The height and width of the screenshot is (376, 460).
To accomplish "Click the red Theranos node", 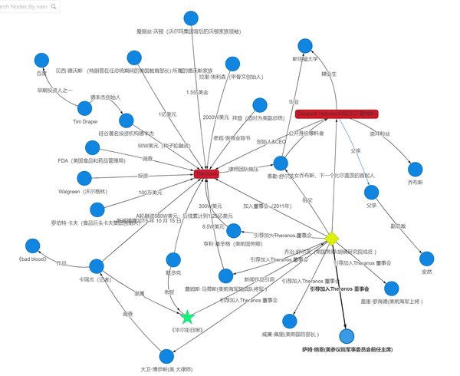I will (x=206, y=175).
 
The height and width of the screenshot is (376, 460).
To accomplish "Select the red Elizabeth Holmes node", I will (x=337, y=114).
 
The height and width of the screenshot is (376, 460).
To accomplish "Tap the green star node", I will (x=187, y=316).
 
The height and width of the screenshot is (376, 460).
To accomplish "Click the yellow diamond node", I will (x=332, y=238).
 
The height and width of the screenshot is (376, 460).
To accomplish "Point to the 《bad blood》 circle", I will (x=32, y=246).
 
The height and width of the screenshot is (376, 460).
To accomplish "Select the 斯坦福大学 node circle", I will (x=304, y=43).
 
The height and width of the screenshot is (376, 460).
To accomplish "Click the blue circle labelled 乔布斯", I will (x=416, y=170).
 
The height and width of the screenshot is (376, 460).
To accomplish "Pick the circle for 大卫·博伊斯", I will (x=167, y=355).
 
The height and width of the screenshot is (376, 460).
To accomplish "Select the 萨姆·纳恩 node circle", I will (x=347, y=336).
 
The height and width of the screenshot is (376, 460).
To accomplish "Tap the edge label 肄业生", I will (x=329, y=74).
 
